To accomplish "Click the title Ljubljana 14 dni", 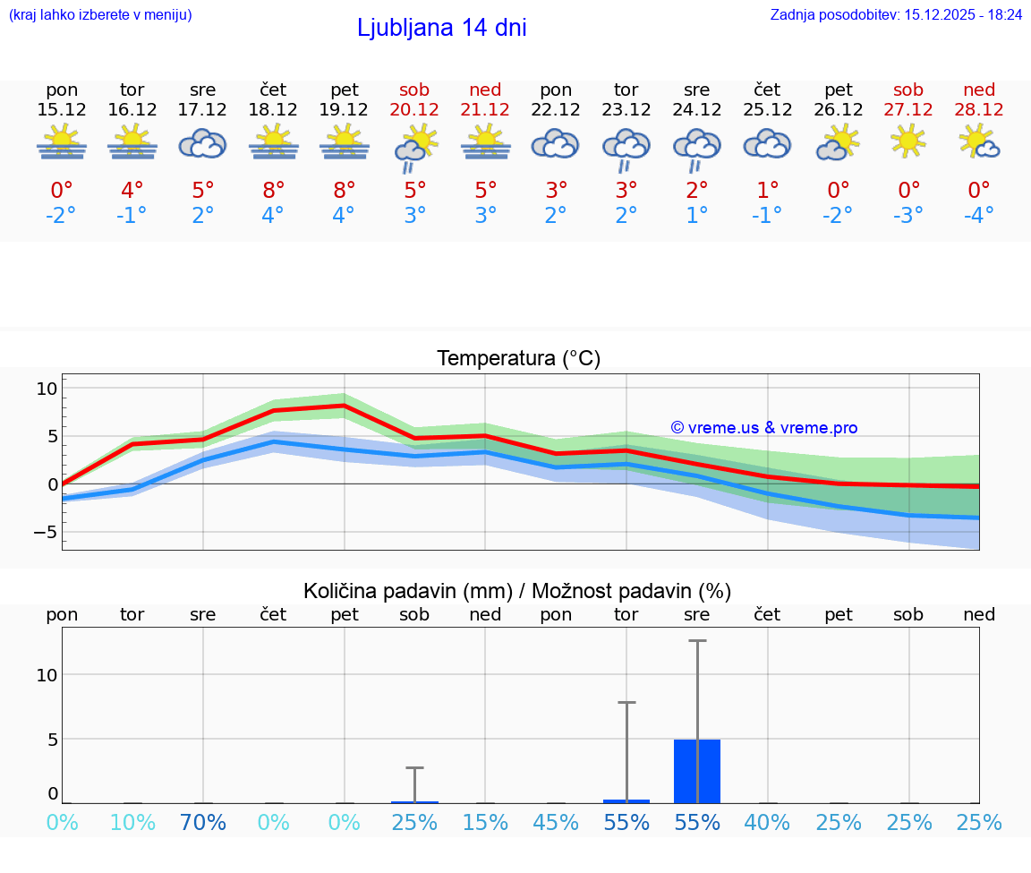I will pos(441,28).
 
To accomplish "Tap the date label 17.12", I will pos(203,109).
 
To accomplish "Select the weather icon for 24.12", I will pos(696,147).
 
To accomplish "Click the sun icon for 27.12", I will pos(908,141).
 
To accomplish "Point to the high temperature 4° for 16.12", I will pos(132,191).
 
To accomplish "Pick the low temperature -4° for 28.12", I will pos(979,216).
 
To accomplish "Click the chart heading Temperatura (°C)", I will pos(518,359).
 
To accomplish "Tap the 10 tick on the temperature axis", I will pos(47,389).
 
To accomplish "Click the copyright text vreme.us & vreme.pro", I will pos(763,428).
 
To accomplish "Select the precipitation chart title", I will pos(516,591).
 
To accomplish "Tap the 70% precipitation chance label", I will pos(203,822).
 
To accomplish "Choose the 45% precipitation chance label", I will pos(556,822).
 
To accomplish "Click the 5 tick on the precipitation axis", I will pos(53,740).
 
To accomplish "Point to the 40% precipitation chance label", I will pos(767,822).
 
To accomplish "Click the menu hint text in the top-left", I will pos(100,15).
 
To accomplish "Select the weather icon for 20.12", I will pos(414,147).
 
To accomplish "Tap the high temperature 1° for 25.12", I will pos(767,191).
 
